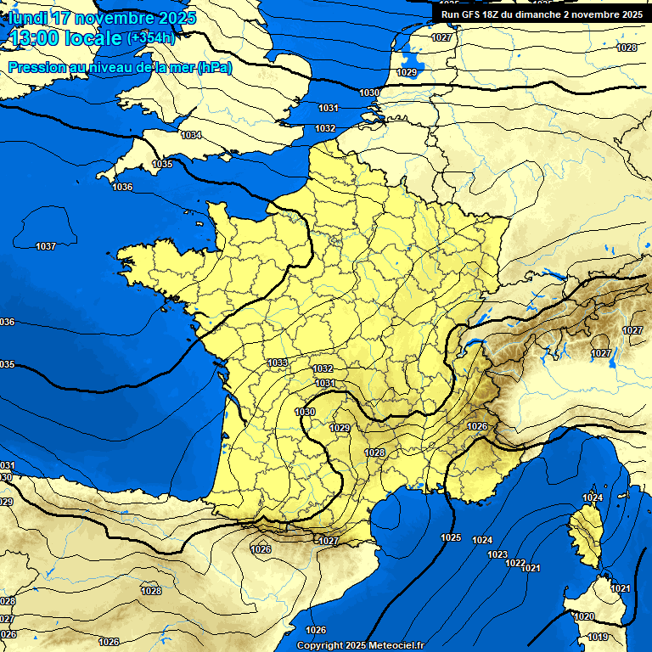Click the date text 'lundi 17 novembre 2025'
tap(102, 18)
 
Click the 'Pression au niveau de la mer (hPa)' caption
tap(120, 67)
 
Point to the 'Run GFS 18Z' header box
tap(542, 14)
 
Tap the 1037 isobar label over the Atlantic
tap(46, 246)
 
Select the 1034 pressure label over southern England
tap(191, 135)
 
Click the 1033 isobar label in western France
tap(277, 363)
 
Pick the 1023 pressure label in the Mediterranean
tap(497, 554)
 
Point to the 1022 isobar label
tap(514, 563)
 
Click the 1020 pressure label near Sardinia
tap(584, 616)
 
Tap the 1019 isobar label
tap(598, 637)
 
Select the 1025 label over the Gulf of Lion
tap(451, 537)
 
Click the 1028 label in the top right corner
tap(627, 48)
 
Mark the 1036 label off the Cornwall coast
tap(122, 186)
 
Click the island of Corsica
tap(585, 535)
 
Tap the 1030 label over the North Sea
tap(369, 93)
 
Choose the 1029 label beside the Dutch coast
tap(407, 73)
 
